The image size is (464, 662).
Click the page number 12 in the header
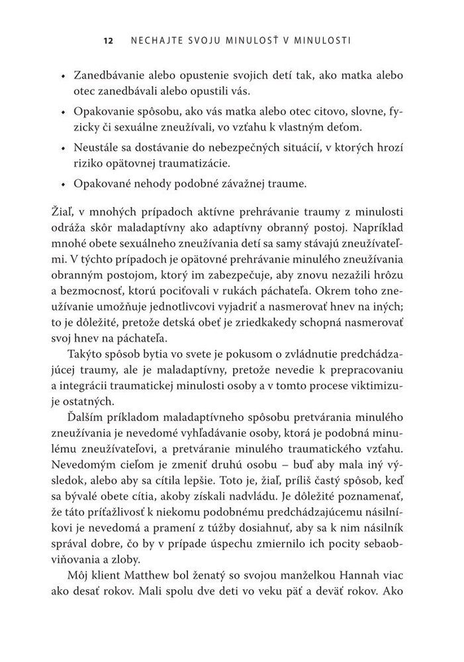[x=108, y=41]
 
